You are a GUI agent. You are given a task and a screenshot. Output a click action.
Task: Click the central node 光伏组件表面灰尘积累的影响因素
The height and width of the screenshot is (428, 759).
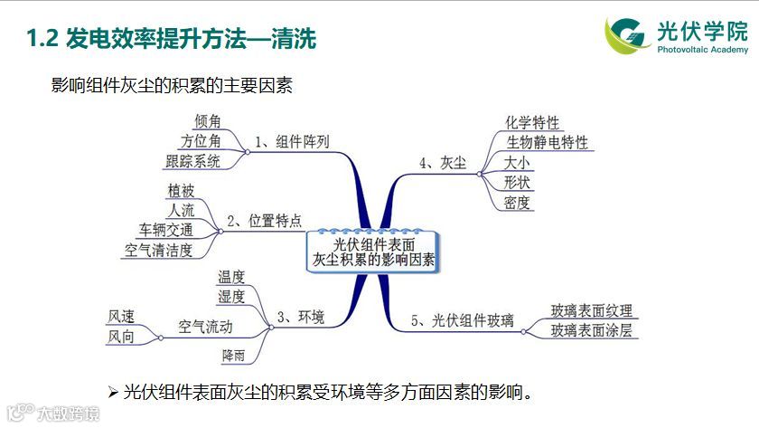click(372, 251)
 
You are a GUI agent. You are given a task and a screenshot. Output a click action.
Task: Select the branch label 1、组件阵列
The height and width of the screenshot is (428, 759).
click(292, 142)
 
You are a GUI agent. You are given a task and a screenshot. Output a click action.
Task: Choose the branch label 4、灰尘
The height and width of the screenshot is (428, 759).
click(443, 163)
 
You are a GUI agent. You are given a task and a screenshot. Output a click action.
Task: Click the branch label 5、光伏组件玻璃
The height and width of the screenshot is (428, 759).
click(462, 319)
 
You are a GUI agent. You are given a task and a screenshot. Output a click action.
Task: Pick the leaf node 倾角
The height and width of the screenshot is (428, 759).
click(208, 121)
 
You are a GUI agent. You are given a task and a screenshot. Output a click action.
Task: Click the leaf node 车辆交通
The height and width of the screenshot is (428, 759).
click(165, 230)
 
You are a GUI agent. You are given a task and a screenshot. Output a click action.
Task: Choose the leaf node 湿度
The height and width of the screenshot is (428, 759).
click(231, 297)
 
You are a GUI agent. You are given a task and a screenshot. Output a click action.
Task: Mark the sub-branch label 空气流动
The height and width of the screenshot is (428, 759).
click(205, 326)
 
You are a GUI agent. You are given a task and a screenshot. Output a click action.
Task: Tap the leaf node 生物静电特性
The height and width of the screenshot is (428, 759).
click(547, 143)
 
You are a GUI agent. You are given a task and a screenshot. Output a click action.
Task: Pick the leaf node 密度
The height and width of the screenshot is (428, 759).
click(518, 203)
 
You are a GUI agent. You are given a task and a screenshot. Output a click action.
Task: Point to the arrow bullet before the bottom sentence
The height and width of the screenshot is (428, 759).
click(113, 392)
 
